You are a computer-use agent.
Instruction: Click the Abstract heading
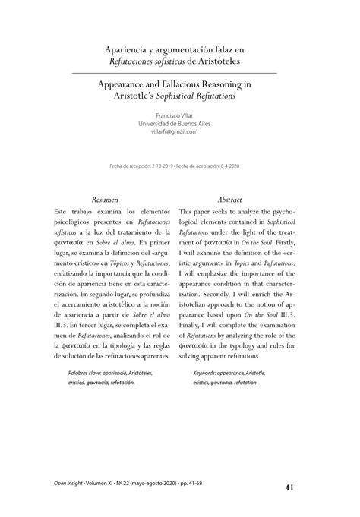pos(229,197)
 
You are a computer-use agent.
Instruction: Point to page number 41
pos(290,487)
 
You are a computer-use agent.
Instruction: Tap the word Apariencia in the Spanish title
pos(129,49)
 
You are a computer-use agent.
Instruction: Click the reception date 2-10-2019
pos(172,166)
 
